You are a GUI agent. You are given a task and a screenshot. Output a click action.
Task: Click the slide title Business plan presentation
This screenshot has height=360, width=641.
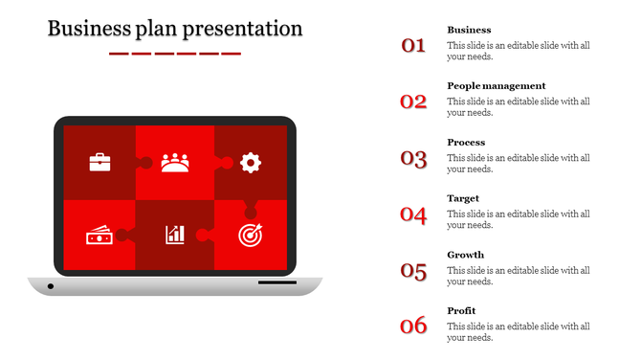(x=175, y=29)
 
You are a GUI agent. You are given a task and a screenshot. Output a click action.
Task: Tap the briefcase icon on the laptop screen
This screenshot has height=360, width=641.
(x=99, y=162)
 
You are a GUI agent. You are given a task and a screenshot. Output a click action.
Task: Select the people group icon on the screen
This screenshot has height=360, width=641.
(x=175, y=162)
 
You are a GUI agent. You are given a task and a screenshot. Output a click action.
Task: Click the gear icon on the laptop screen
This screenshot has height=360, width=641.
(x=251, y=162)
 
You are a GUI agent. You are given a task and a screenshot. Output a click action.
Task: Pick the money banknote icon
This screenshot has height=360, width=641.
(x=99, y=235)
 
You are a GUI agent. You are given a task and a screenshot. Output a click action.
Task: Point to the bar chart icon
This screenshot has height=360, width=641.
(x=175, y=235)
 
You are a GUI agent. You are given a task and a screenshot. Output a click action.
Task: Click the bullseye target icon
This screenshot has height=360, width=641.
(x=250, y=234)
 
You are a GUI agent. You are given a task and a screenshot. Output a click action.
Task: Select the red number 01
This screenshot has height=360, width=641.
(x=413, y=44)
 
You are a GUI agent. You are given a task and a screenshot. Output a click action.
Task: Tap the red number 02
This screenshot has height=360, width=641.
(x=413, y=101)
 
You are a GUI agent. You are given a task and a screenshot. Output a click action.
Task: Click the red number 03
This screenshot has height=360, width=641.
(x=413, y=158)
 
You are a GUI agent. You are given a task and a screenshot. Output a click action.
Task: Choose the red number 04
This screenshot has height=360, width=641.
(x=413, y=214)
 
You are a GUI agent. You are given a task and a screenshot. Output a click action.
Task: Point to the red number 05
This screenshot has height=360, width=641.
(x=413, y=271)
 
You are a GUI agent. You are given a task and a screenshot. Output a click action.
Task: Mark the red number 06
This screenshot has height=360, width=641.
(x=413, y=326)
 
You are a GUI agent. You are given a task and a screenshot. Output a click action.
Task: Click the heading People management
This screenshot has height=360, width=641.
(x=497, y=85)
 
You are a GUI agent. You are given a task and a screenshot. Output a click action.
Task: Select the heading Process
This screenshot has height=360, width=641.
(x=466, y=142)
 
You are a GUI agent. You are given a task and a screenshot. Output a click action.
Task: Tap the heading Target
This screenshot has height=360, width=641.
(x=463, y=198)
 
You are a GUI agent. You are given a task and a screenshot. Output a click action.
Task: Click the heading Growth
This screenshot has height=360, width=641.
(x=466, y=255)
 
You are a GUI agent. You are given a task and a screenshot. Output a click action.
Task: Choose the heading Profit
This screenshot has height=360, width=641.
(x=461, y=310)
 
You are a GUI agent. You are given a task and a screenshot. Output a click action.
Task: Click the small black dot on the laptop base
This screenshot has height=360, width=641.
(x=51, y=285)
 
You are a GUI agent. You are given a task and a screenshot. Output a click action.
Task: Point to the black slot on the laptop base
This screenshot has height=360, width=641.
(x=276, y=282)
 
